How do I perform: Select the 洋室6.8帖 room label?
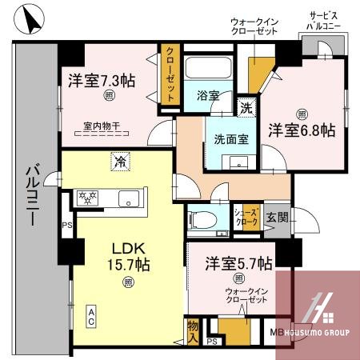pyautogui.click(x=302, y=130)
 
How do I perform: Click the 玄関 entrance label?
pyautogui.click(x=278, y=216)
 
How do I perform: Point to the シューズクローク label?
pyautogui.click(x=245, y=215)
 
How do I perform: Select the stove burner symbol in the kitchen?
pyautogui.click(x=86, y=197)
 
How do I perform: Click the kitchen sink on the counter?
pyautogui.click(x=127, y=198)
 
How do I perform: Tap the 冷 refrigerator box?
pyautogui.click(x=118, y=160)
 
